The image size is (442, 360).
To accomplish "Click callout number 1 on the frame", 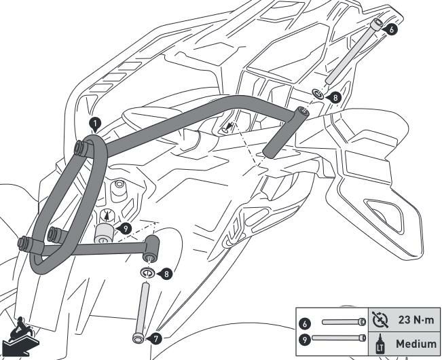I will pyautogui.click(x=94, y=123).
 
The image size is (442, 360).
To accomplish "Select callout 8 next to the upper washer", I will pyautogui.click(x=331, y=96).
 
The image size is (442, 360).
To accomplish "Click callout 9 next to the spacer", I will pyautogui.click(x=127, y=229).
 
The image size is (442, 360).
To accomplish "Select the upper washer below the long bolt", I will pyautogui.click(x=316, y=92).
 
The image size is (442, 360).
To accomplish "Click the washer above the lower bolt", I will pyautogui.click(x=147, y=272).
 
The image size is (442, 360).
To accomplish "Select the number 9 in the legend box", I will pyautogui.click(x=306, y=338).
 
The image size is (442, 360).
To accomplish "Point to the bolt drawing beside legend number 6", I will pyautogui.click(x=344, y=322).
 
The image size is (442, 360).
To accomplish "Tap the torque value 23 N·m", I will pyautogui.click(x=413, y=321).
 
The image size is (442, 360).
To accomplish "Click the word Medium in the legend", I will pyautogui.click(x=416, y=342).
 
